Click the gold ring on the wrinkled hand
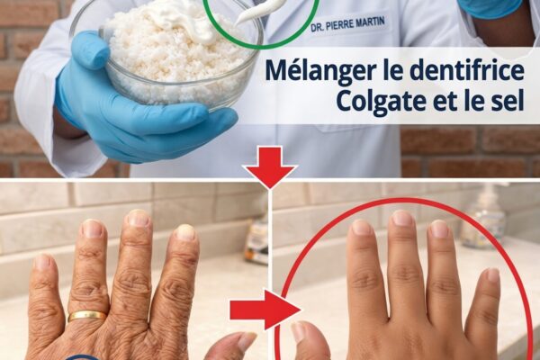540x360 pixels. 86,316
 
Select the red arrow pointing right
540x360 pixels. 265,309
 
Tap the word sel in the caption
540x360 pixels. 507,100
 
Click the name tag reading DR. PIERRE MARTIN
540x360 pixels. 347,24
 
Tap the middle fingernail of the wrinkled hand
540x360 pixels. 139,218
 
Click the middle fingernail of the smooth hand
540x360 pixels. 402,218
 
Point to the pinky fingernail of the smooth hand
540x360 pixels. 493,275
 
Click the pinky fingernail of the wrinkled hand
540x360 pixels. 42,262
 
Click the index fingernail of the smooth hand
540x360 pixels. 362,228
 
